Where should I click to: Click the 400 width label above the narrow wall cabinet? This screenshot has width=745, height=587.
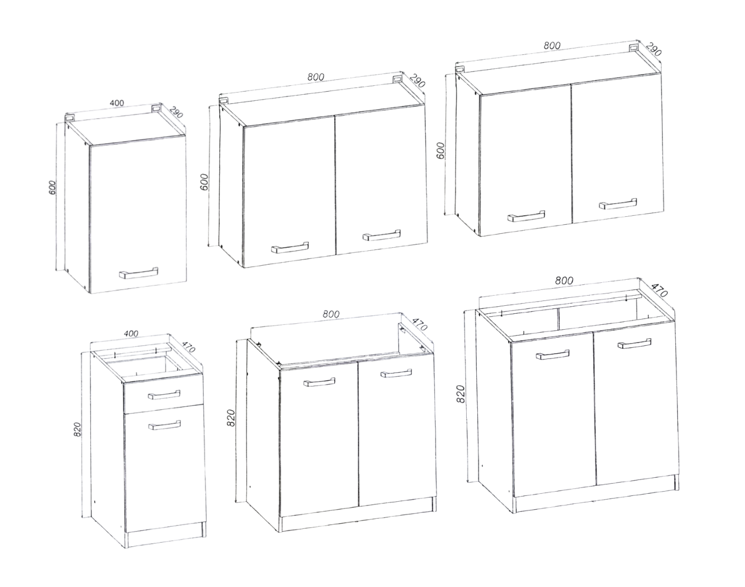[x=117, y=103]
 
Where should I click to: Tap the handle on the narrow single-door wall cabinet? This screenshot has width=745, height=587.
[x=138, y=273]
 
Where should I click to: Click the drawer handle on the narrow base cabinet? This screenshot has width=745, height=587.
[x=164, y=395]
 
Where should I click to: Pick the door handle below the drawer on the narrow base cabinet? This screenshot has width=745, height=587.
[x=164, y=425]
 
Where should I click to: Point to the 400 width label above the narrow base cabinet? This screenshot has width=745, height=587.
[x=131, y=333]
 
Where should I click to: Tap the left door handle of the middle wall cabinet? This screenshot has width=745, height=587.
[x=290, y=247]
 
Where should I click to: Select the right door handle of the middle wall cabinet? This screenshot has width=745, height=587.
[x=382, y=235]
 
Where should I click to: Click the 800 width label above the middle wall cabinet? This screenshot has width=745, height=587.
[x=316, y=77]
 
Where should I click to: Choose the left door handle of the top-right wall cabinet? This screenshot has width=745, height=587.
[x=526, y=216]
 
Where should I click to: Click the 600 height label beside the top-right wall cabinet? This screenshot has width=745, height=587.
[x=440, y=150]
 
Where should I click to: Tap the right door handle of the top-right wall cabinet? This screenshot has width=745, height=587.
[x=618, y=204]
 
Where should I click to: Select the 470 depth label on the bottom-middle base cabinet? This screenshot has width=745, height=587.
[x=419, y=322]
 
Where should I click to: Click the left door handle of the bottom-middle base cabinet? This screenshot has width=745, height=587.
[x=319, y=382]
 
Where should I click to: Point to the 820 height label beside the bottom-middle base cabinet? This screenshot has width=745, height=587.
[x=231, y=418]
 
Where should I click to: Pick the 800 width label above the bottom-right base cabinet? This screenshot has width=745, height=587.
[x=564, y=280]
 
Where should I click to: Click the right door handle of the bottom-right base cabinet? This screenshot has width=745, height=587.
[x=634, y=344]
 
